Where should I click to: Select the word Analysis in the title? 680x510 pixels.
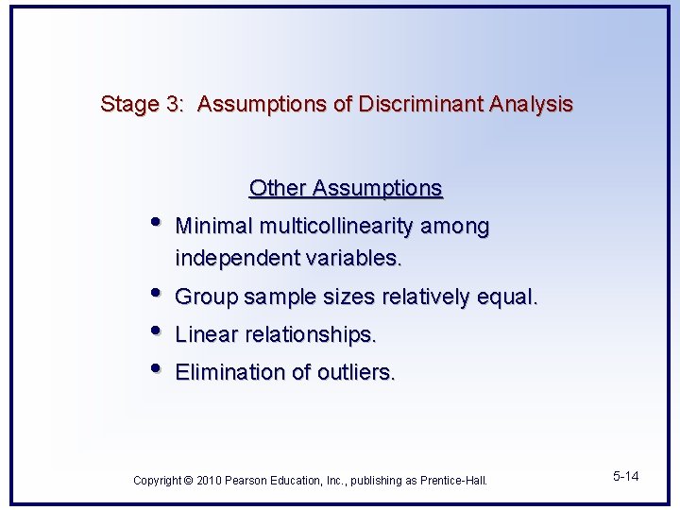click(x=531, y=104)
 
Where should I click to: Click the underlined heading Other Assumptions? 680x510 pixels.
click(x=346, y=188)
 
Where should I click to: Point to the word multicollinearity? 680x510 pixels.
click(x=337, y=227)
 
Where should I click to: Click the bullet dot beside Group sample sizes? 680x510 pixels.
click(x=156, y=294)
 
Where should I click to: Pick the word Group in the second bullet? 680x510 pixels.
click(x=207, y=297)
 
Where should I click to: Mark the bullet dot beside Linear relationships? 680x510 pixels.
click(x=156, y=331)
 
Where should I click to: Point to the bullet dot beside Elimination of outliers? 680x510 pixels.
click(x=156, y=369)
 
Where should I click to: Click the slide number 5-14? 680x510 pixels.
click(x=625, y=476)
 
